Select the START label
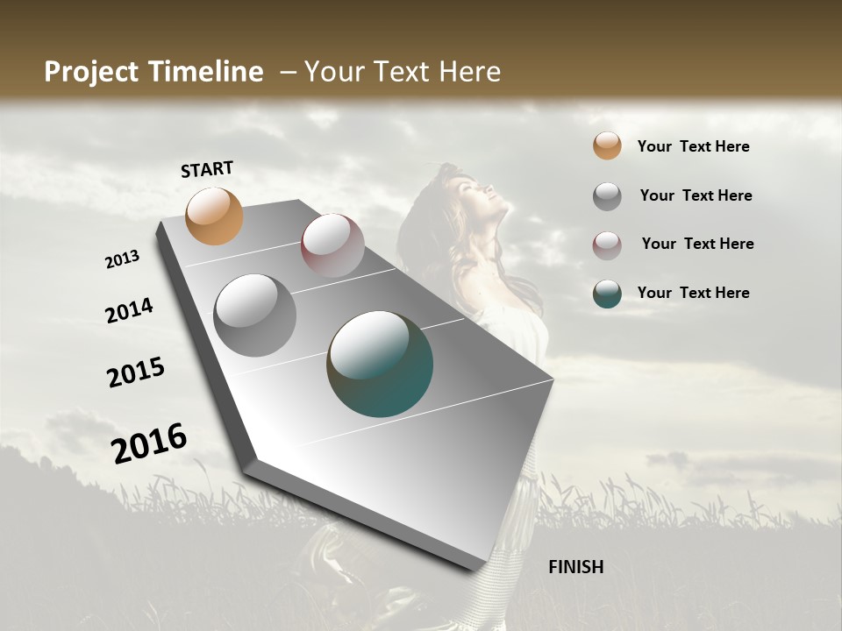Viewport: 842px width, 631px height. click(x=207, y=169)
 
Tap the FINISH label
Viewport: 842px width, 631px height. click(x=576, y=567)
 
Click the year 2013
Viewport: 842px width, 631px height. click(x=123, y=259)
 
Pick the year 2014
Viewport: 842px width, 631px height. click(x=130, y=310)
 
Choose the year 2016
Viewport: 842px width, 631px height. click(x=149, y=443)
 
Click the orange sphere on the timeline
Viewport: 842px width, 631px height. click(x=215, y=216)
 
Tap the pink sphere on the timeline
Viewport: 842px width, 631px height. click(x=332, y=245)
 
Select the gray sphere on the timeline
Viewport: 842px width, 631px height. click(x=255, y=315)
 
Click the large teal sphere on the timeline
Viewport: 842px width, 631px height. click(x=380, y=364)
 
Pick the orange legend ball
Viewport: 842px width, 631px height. click(x=607, y=146)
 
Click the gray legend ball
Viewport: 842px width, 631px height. click(x=607, y=196)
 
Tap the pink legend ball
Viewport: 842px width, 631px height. click(x=607, y=245)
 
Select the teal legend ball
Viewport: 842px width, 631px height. click(x=607, y=294)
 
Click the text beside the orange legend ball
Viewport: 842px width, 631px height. click(x=693, y=146)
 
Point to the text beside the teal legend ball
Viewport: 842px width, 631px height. click(x=693, y=293)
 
